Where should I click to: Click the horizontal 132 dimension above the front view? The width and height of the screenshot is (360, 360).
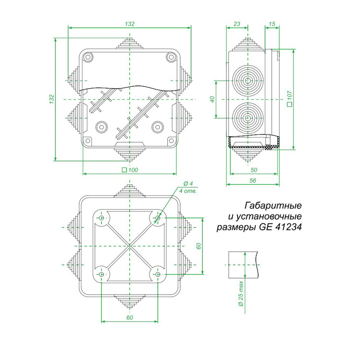130,24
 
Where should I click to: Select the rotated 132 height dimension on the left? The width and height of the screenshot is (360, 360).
51,99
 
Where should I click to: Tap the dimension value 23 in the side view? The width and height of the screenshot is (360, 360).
237,24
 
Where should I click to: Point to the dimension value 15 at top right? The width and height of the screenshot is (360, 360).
272,24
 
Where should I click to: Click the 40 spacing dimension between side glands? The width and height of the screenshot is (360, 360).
212,99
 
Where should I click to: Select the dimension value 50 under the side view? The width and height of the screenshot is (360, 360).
253,169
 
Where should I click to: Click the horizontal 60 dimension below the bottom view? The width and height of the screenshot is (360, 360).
130,318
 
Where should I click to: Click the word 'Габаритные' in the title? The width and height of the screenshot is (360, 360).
273,206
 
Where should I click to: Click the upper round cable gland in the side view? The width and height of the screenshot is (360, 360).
247,80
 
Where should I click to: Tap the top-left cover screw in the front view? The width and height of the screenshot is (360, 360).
87,57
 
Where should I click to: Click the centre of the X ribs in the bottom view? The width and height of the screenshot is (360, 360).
130,246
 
